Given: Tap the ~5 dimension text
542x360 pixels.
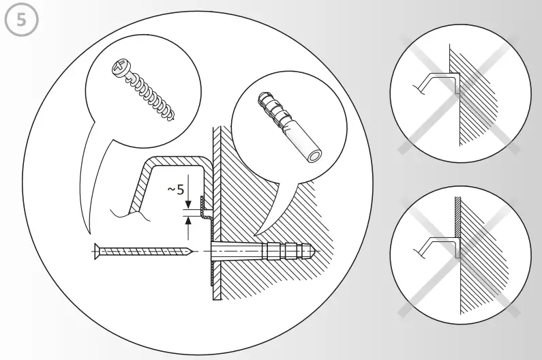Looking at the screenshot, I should coord(176,190).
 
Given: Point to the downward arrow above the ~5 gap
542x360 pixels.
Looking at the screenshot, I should coord(188,202).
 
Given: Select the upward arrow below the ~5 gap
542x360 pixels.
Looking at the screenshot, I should coord(188,225).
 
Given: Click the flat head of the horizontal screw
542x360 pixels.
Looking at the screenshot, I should coord(95,252).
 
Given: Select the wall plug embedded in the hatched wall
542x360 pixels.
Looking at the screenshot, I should coord(273,252).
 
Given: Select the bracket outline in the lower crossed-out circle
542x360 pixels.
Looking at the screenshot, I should coord(436,241).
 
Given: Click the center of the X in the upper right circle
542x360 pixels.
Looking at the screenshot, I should coord(459,92).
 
